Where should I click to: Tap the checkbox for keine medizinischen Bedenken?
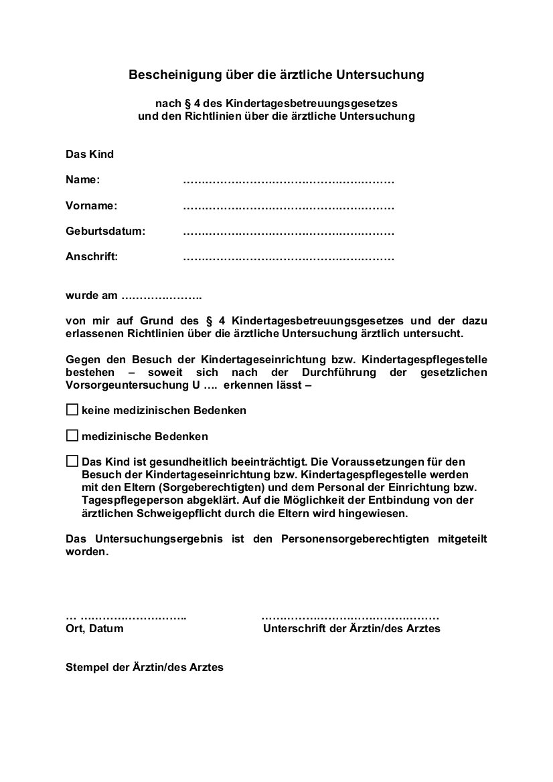[72, 409]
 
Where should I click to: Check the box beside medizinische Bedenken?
[72, 435]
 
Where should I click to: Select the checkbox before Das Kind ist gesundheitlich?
[72, 461]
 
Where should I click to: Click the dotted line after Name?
[288, 181]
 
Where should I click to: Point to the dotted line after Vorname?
[288, 207]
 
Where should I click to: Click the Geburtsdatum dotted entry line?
[288, 232]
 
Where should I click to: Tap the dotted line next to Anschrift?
[288, 257]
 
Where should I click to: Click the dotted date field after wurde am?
[162, 296]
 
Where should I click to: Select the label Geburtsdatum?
[105, 231]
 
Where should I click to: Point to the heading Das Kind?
[90, 155]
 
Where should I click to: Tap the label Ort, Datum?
[94, 629]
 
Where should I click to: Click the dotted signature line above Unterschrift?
[350, 616]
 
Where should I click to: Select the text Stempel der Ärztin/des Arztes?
[145, 667]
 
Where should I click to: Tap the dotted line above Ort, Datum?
[127, 616]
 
